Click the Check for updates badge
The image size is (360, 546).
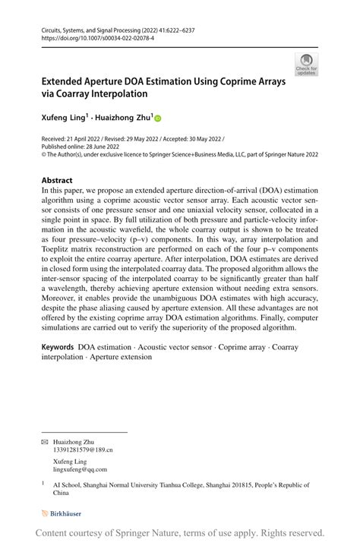307,65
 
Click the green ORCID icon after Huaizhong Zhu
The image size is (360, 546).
158,118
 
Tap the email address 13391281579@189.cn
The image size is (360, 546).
83,450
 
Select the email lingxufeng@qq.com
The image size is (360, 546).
80,469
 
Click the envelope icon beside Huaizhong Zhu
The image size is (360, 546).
43,441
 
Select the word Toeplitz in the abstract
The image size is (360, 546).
58,259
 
